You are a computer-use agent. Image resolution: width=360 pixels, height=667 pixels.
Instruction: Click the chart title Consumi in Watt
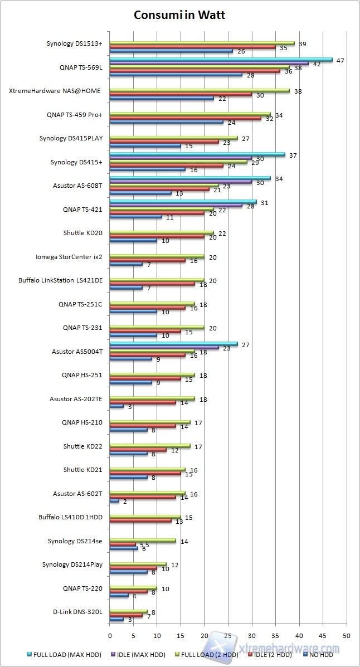[x=179, y=15]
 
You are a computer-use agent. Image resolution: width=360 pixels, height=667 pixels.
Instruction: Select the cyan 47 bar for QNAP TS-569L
[x=221, y=60]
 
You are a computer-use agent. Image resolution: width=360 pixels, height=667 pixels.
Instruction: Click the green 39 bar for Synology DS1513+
[x=202, y=43]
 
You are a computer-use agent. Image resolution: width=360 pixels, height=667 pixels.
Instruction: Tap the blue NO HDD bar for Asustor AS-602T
[x=114, y=502]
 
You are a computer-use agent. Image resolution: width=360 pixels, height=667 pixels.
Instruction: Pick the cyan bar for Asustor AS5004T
[x=173, y=344]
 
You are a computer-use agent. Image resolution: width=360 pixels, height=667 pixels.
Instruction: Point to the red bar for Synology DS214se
[x=123, y=544]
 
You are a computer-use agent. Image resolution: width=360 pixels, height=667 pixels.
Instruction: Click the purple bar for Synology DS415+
[x=181, y=158]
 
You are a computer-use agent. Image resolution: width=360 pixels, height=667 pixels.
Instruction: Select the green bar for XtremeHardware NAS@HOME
[x=200, y=90]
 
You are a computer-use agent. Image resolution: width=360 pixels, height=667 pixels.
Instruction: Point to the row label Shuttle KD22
[x=83, y=446]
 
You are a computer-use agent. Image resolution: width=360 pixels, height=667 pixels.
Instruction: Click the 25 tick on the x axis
[x=228, y=635]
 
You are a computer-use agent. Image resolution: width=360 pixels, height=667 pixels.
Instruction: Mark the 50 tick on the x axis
[x=347, y=635]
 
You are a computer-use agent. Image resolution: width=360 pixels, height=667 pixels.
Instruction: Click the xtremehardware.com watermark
[x=295, y=648]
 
